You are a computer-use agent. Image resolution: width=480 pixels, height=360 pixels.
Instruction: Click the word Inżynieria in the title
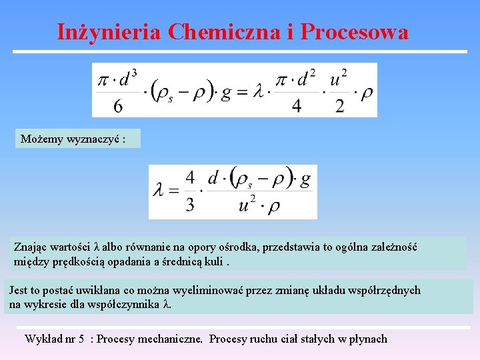(x=109, y=31)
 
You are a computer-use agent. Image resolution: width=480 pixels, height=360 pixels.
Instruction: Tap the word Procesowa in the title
(x=355, y=31)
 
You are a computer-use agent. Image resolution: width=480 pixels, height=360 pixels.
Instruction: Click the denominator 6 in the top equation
(x=118, y=105)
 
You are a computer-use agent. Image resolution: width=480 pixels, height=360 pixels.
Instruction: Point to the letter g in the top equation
(x=226, y=91)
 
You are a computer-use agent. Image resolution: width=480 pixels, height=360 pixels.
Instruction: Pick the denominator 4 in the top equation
(x=297, y=105)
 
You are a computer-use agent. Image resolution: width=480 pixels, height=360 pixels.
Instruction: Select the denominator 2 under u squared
(x=339, y=105)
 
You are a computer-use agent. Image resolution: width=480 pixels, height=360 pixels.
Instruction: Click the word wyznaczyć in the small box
(x=87, y=139)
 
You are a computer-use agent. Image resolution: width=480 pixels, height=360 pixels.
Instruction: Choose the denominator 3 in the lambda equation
(x=190, y=205)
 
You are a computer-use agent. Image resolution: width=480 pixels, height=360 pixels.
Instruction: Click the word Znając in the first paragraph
(x=31, y=247)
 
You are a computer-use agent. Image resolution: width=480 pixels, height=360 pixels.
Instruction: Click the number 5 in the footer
(x=81, y=339)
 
